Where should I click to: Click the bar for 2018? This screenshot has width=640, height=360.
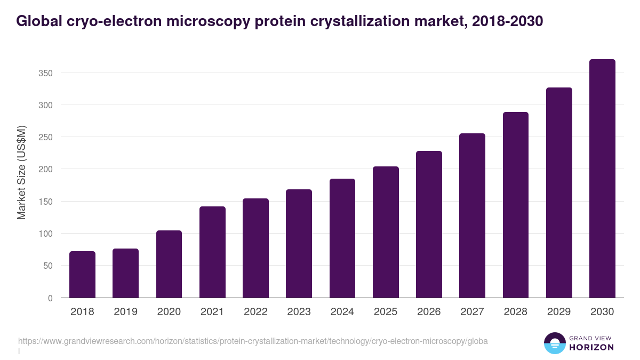(x=82, y=275)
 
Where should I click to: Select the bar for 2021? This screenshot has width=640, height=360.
(x=212, y=252)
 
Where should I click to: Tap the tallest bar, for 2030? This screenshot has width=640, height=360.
(x=602, y=179)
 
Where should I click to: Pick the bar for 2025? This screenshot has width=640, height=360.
(x=386, y=232)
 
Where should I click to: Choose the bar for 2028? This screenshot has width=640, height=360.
(x=515, y=205)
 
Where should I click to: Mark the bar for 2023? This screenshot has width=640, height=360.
(x=299, y=244)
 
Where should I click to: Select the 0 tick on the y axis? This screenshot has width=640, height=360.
(x=50, y=298)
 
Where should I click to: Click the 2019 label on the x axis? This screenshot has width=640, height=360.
(x=125, y=312)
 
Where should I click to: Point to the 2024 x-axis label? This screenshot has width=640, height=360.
(x=342, y=312)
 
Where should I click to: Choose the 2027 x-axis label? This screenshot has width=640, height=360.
(x=472, y=312)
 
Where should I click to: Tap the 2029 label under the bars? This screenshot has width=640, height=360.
(x=558, y=312)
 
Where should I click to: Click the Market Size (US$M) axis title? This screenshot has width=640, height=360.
(x=21, y=172)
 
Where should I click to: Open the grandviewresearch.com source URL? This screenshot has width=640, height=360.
(x=253, y=341)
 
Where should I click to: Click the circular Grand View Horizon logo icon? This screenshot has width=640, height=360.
(x=554, y=343)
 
